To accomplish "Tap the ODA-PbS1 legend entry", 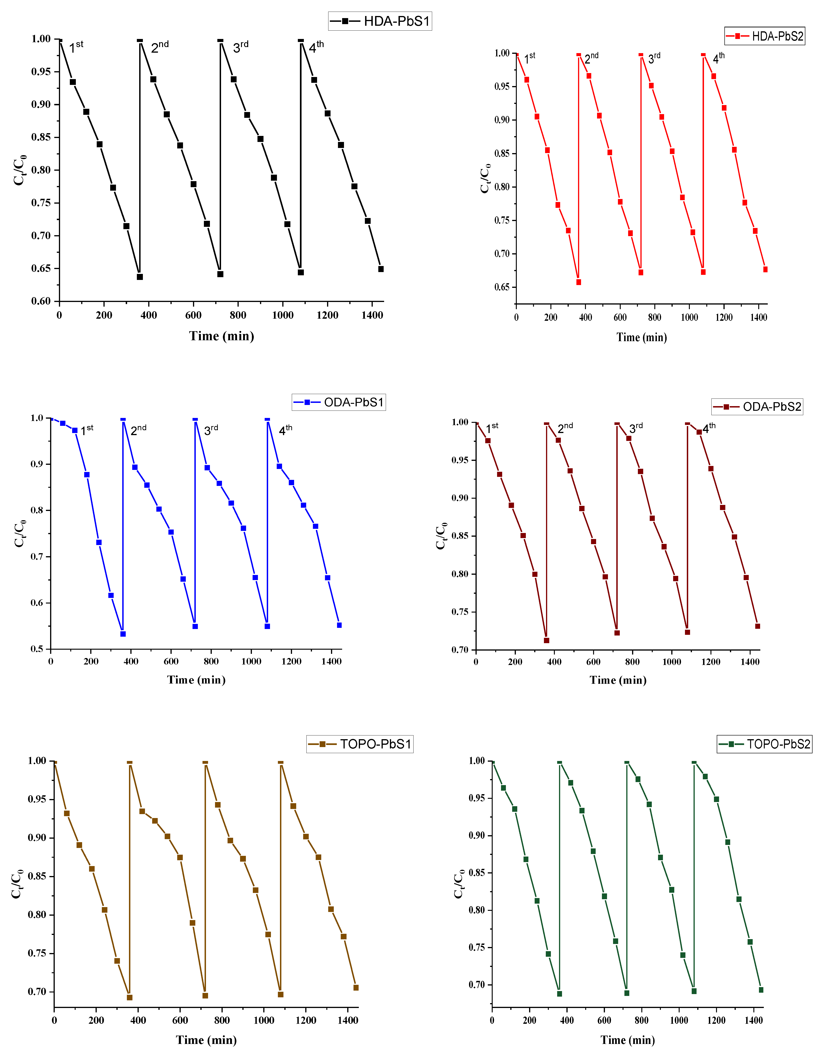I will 339,402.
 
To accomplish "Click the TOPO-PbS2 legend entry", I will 765,744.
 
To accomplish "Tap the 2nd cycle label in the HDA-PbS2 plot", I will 591,58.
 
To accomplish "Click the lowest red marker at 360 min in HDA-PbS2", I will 578,282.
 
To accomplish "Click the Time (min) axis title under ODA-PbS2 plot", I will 618,680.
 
